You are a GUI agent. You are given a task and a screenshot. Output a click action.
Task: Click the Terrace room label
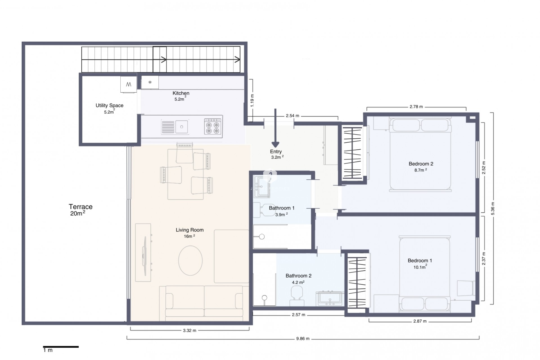[x=81, y=207]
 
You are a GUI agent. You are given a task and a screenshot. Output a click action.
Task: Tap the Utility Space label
[x=109, y=105]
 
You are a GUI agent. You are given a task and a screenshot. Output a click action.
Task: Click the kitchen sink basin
[x=182, y=127]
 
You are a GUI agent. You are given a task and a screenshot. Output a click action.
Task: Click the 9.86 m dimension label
[x=303, y=339]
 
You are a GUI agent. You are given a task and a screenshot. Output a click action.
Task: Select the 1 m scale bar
[x=61, y=347]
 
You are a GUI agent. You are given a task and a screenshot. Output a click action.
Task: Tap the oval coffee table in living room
[x=190, y=260]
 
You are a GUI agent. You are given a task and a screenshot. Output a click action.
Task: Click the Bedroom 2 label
[x=421, y=164]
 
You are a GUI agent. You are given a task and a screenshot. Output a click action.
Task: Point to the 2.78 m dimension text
[x=416, y=107]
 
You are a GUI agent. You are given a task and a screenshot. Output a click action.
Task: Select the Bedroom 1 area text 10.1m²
[x=420, y=267]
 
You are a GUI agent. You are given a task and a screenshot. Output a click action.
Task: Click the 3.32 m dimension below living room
[x=190, y=330]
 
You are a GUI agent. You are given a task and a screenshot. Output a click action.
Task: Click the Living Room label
[x=190, y=230]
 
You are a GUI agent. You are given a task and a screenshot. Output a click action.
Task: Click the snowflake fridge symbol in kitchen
[x=150, y=82]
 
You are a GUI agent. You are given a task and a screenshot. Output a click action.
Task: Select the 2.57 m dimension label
[x=298, y=315]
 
